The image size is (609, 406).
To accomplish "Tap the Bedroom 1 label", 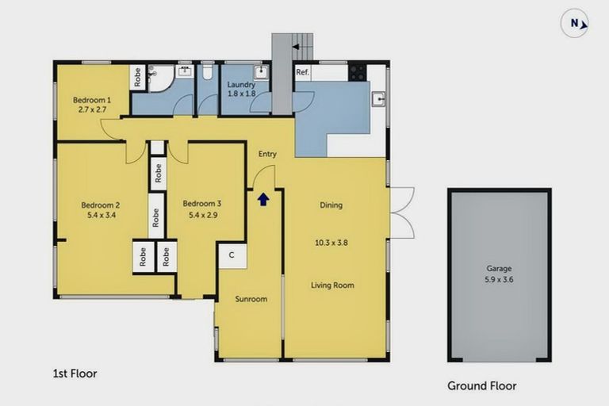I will [x=92, y=100].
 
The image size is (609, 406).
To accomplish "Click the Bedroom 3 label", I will [x=201, y=203].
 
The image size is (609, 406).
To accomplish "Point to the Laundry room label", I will [x=240, y=85].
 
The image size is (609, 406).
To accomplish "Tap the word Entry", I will [x=266, y=154].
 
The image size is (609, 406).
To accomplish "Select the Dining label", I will [x=331, y=205].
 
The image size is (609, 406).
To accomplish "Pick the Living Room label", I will [x=332, y=285].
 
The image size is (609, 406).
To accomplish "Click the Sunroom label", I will [x=251, y=300].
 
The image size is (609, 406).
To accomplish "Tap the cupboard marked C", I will [x=232, y=255].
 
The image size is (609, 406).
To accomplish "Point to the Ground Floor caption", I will [x=481, y=386].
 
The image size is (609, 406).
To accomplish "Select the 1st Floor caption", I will [x=75, y=373].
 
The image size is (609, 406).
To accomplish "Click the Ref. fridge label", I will [x=302, y=72].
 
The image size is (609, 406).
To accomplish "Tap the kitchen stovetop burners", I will [x=357, y=72].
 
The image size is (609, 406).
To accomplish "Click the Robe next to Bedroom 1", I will [x=137, y=78].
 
